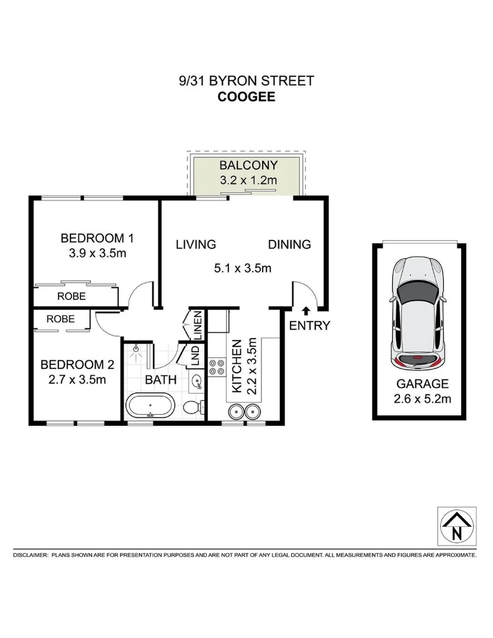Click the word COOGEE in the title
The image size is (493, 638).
click(246, 96)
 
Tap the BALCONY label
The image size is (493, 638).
click(248, 165)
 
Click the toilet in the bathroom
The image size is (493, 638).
click(192, 408)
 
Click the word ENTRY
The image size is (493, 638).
click(309, 325)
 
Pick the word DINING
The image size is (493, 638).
click(289, 245)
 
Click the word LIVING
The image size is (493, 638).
click(196, 245)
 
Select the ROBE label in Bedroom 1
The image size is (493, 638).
click(71, 296)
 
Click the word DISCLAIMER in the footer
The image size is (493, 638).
click(30, 555)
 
